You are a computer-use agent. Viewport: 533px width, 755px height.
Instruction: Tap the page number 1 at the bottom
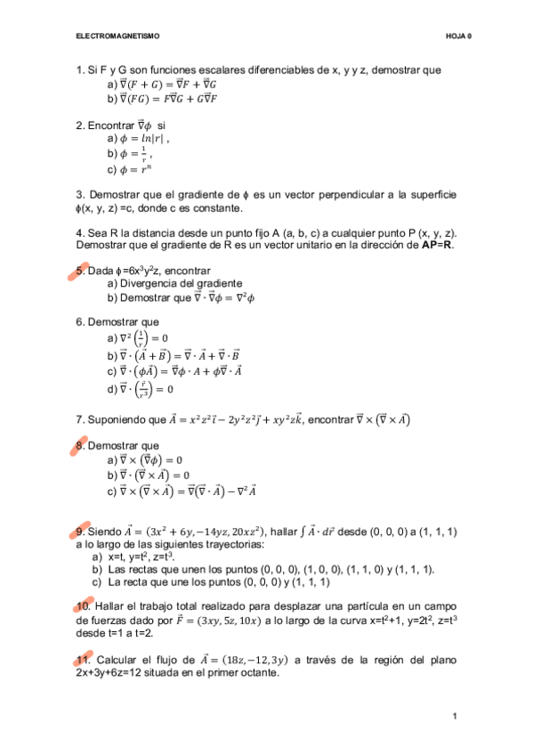click(x=455, y=717)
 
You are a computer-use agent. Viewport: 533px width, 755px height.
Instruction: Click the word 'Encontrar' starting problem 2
click(x=113, y=125)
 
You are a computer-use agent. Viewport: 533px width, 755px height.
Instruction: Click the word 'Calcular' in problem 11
click(x=117, y=660)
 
